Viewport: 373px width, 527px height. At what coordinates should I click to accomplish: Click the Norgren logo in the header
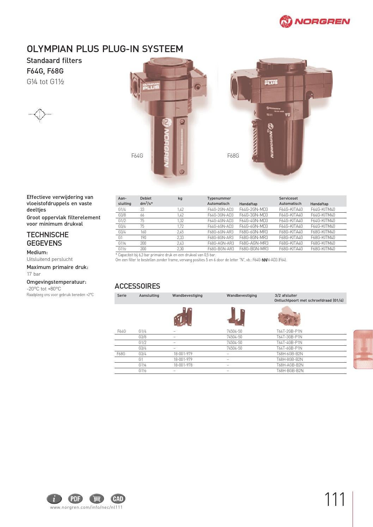[314, 21]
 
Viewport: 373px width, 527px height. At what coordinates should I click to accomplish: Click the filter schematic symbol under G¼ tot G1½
[40, 114]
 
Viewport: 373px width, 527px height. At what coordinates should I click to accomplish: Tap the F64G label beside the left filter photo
[137, 156]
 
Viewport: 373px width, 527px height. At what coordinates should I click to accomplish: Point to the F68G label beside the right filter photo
[233, 156]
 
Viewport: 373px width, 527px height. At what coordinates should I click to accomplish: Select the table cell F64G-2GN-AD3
[220, 209]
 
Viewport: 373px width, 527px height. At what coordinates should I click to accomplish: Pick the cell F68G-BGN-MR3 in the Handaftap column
[253, 249]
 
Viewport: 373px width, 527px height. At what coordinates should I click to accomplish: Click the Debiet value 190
[143, 238]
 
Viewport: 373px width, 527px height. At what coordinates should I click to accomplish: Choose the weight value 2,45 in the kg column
[181, 232]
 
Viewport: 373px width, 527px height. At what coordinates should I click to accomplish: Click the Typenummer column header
[219, 199]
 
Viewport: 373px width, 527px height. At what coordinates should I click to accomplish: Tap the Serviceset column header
[288, 199]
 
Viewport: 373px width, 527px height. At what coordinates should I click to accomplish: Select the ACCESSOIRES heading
[137, 286]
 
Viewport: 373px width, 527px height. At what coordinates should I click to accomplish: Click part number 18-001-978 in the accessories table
[183, 365]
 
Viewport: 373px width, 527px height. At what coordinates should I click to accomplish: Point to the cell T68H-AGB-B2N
[290, 365]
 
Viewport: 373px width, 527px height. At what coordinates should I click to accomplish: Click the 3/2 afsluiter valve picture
[288, 316]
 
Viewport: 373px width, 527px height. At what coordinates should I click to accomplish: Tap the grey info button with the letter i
[54, 498]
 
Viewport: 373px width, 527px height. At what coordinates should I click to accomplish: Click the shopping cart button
[97, 498]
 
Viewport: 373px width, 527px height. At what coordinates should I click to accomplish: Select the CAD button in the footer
[118, 498]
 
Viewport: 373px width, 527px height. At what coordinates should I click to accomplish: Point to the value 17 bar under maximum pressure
[34, 274]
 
